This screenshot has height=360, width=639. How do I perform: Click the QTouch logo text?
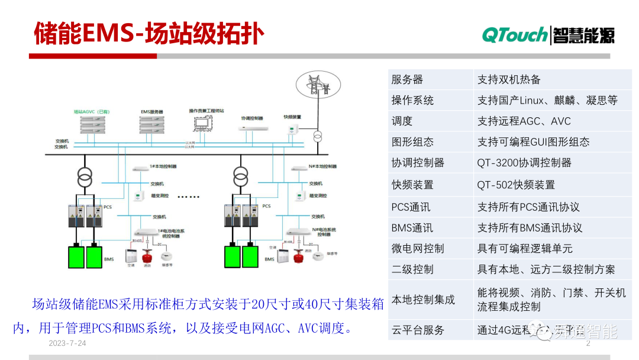tap(514, 35)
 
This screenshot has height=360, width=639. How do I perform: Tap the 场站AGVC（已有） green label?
tap(92, 111)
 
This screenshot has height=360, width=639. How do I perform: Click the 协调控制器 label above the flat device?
tap(251, 118)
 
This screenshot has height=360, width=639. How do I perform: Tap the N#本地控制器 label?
tap(306, 167)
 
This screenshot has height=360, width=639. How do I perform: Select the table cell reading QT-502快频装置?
tap(516, 185)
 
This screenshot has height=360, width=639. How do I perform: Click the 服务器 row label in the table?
tap(407, 79)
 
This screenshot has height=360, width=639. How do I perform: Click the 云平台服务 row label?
tap(417, 330)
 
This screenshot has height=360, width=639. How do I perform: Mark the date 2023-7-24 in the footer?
tap(67, 344)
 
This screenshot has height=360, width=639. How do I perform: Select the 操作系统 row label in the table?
tap(412, 100)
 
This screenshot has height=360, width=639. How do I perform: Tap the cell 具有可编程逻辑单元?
tap(525, 248)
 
